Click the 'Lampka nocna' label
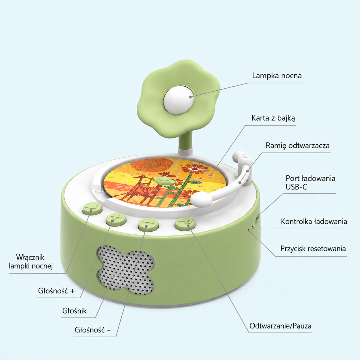277,76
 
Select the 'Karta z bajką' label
273,118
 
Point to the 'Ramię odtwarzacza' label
298,146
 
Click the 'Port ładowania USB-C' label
310,183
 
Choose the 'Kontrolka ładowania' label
314,222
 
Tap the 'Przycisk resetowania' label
313,249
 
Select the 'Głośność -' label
92,330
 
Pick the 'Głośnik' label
74,311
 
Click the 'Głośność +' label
56,291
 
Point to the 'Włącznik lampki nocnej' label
31,262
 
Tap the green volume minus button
148,225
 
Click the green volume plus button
116,220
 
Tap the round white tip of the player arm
202,200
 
